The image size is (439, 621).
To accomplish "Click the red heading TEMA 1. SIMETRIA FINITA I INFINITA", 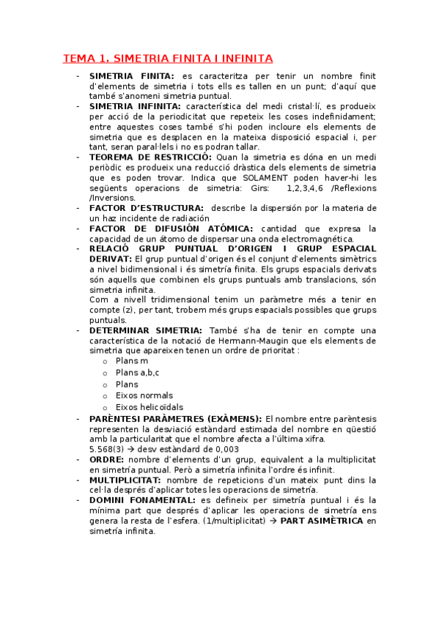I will click(168, 58).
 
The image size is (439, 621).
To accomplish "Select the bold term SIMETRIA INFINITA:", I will click(132, 106).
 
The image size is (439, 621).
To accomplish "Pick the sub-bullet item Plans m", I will click(132, 361).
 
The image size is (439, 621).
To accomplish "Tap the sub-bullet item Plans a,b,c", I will click(137, 373).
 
